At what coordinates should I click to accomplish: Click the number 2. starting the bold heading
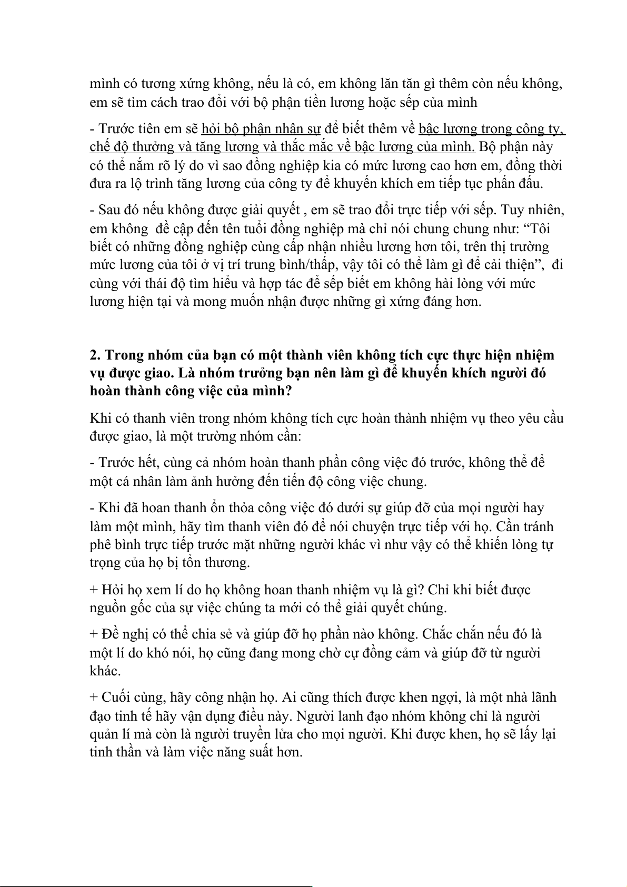pos(95,355)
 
